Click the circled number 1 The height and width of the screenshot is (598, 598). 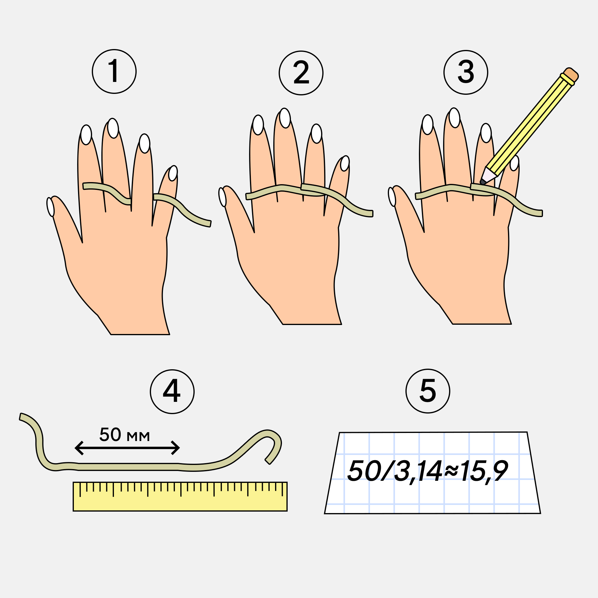[x=114, y=71]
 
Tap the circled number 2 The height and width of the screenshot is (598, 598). [x=301, y=73]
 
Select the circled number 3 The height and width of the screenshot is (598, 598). [x=466, y=72]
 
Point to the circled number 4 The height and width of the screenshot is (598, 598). [x=172, y=392]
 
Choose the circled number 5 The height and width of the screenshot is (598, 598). [x=428, y=391]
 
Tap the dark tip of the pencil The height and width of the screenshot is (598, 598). [x=482, y=182]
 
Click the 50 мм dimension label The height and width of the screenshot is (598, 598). [x=125, y=434]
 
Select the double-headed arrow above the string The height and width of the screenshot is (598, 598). [x=127, y=448]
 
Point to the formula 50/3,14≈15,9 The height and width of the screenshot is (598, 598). [x=428, y=471]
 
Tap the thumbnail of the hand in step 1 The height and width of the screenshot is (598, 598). [x=51, y=207]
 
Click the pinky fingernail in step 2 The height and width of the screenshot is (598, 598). [x=345, y=163]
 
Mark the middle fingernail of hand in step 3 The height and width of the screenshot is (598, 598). [x=454, y=118]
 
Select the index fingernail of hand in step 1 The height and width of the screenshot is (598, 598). [x=86, y=135]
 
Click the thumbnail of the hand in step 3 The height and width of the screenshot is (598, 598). [x=392, y=196]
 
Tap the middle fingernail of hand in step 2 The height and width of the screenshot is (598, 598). [x=285, y=118]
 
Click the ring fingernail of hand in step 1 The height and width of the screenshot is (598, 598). [x=144, y=143]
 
